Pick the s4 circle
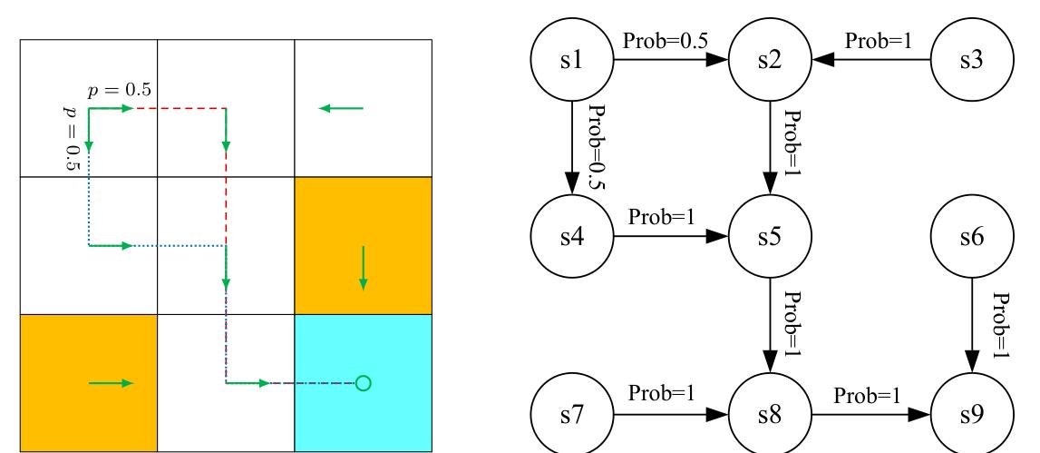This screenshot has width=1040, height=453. coord(572,242)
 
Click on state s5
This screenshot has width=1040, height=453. coord(772,242)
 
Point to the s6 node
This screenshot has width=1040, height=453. coord(973,242)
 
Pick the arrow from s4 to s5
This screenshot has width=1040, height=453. coord(672,242)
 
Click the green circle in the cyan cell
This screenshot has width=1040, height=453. coord(363,383)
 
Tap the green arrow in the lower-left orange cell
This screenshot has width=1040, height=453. coord(111,383)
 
